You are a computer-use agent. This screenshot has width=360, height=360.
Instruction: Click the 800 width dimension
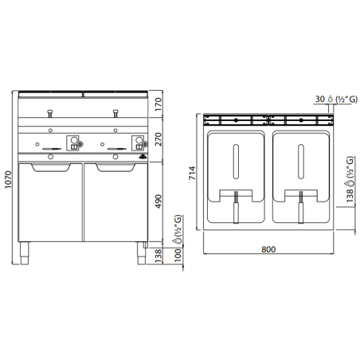click(268, 250)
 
